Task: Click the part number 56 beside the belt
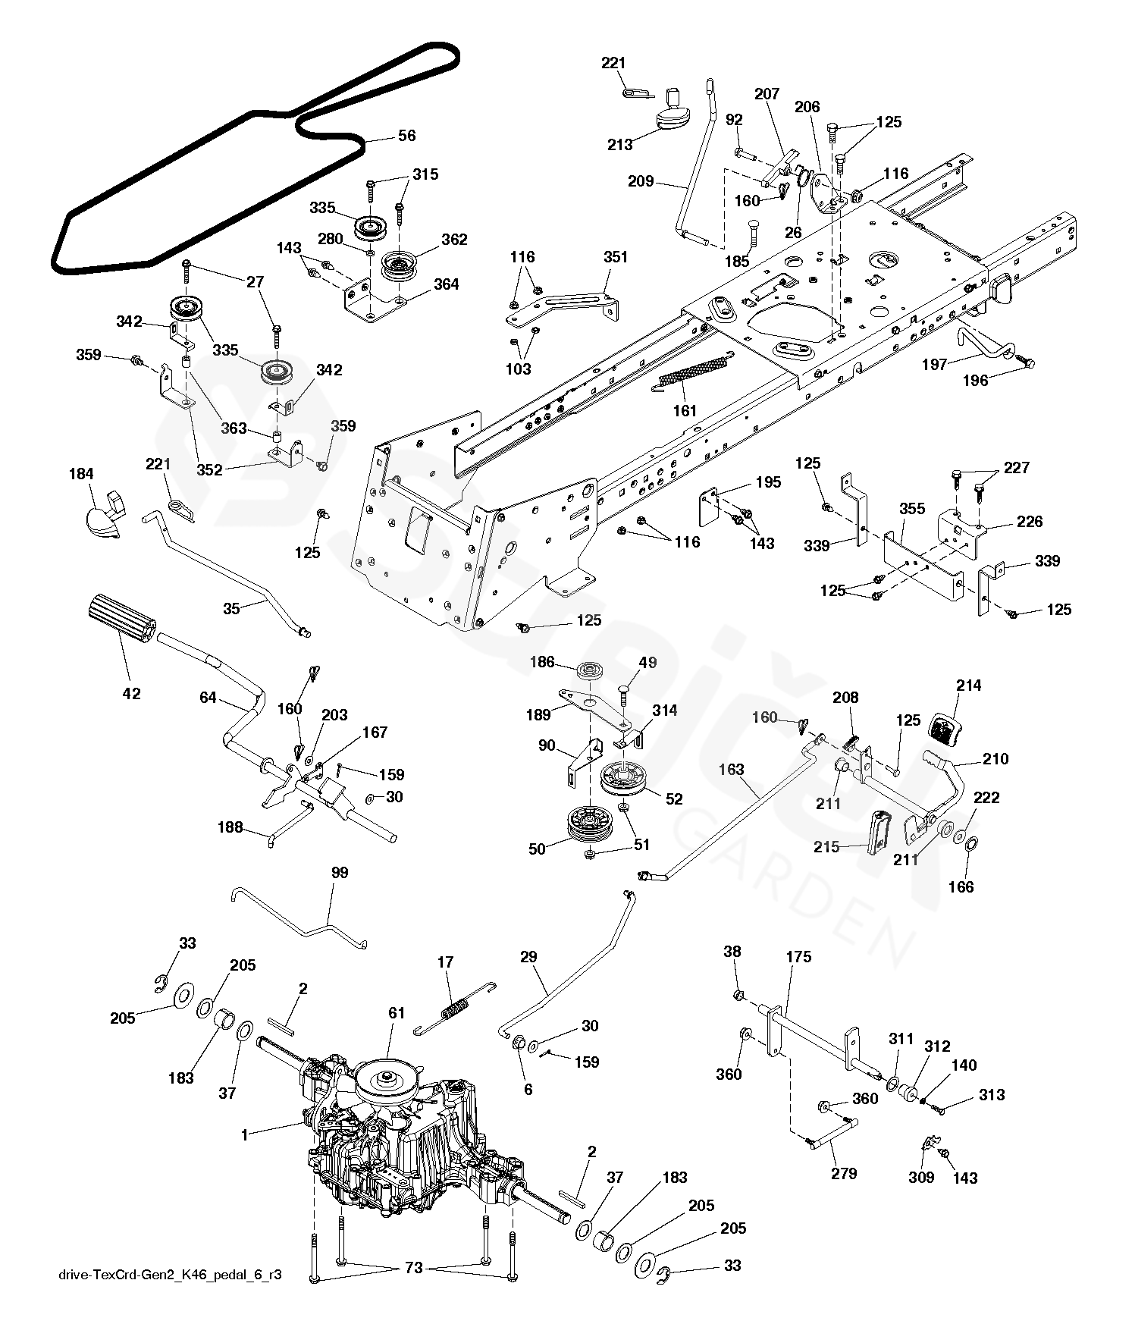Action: point(407,136)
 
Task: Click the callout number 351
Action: point(616,257)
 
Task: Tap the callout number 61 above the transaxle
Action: point(397,1013)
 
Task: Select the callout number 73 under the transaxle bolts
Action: point(413,1268)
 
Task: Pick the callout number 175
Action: point(798,957)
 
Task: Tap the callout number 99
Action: point(340,873)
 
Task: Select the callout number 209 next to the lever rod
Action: point(641,182)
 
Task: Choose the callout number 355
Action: point(912,508)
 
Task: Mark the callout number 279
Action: point(844,1173)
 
